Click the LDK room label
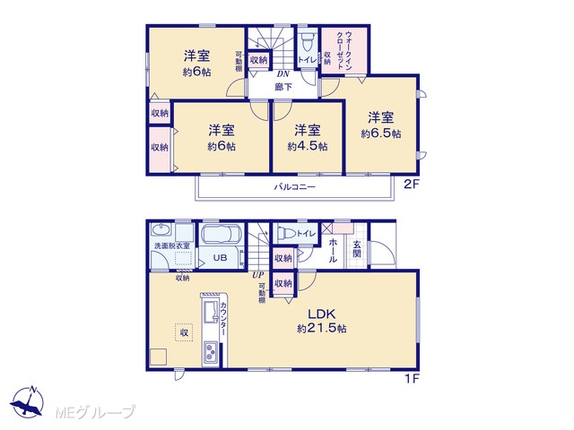[322, 314]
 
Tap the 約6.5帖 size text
[380, 133]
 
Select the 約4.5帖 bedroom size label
[308, 147]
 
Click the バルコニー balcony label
[295, 187]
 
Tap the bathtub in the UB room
[221, 234]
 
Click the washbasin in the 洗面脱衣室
[161, 230]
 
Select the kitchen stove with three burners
[211, 352]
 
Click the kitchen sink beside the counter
[211, 312]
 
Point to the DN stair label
[283, 74]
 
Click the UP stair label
[257, 275]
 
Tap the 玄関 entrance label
[357, 249]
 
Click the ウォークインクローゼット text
[344, 50]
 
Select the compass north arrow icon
[28, 401]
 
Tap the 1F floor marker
[412, 379]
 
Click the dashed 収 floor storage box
[184, 332]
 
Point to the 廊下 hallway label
[283, 87]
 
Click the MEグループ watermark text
[95, 412]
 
